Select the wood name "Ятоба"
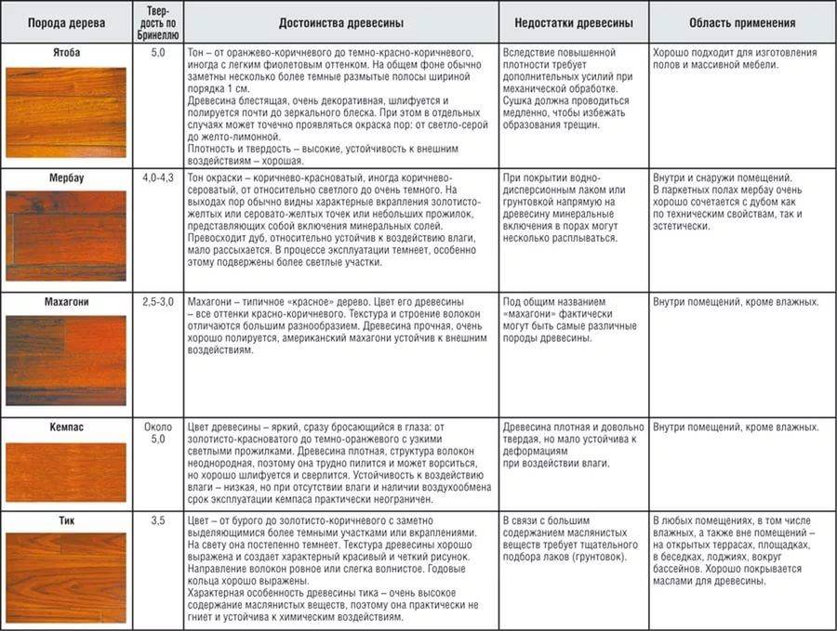pos(65,53)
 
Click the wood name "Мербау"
pos(65,177)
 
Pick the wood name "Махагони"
pos(65,302)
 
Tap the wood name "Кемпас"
pos(65,427)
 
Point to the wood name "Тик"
pos(65,520)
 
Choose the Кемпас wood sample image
pos(65,471)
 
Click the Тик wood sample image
pos(65,576)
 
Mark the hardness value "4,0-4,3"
pos(157,177)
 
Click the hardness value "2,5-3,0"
pos(157,302)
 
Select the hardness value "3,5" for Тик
pos(157,520)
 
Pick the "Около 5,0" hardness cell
pos(157,433)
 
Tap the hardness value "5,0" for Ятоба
pos(157,53)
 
